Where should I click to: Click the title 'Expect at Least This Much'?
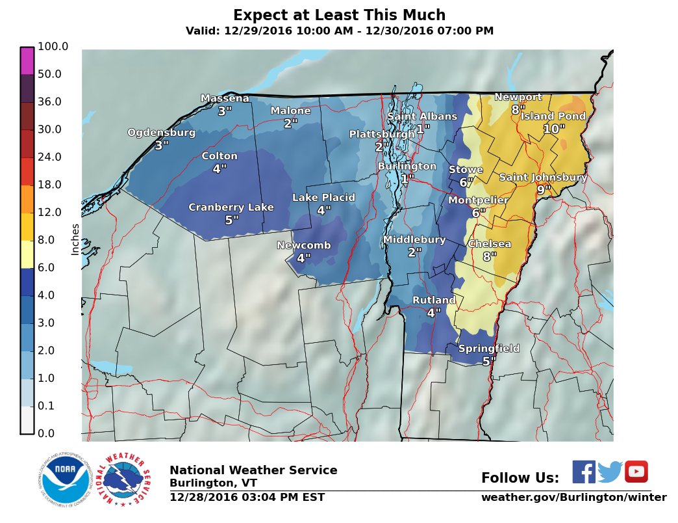click(339, 15)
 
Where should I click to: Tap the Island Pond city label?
click(553, 116)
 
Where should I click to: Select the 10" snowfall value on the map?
click(554, 129)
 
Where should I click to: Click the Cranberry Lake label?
click(231, 208)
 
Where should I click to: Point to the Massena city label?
click(225, 98)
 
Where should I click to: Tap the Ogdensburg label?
click(161, 133)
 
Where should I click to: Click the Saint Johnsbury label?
click(543, 177)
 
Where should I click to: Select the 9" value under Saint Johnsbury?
click(544, 190)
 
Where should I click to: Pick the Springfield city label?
click(489, 349)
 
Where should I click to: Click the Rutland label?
click(434, 301)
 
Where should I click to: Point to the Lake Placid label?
click(323, 198)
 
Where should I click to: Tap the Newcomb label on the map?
click(304, 245)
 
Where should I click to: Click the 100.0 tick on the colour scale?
click(53, 47)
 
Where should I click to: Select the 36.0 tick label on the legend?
click(49, 102)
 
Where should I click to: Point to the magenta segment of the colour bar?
click(27, 61)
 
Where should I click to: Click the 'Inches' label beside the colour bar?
click(75, 239)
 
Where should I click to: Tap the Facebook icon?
click(583, 472)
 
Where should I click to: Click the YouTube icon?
click(636, 472)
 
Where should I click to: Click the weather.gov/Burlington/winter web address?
click(573, 498)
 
